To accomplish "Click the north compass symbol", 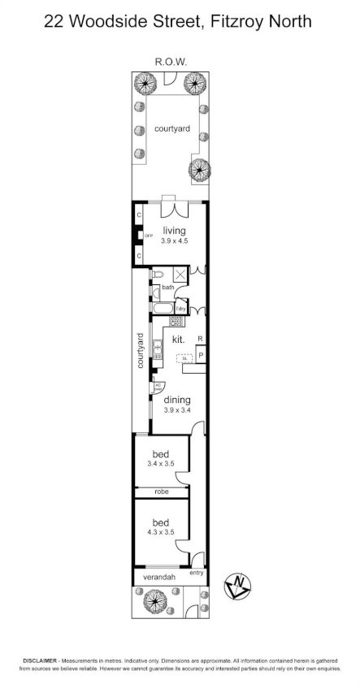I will pyautogui.click(x=240, y=584).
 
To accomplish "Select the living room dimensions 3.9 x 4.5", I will pyautogui.click(x=175, y=240).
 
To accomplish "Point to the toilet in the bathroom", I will pyautogui.click(x=158, y=275).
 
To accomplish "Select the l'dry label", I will pyautogui.click(x=181, y=310).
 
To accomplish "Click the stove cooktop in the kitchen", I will pyautogui.click(x=174, y=321).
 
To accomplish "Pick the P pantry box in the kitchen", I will pyautogui.click(x=200, y=355).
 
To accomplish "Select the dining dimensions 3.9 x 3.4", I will pyautogui.click(x=176, y=410).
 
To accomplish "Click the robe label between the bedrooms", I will pyautogui.click(x=161, y=492).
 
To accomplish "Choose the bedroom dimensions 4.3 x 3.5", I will pyautogui.click(x=161, y=533).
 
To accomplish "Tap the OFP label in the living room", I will pyautogui.click(x=149, y=236).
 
